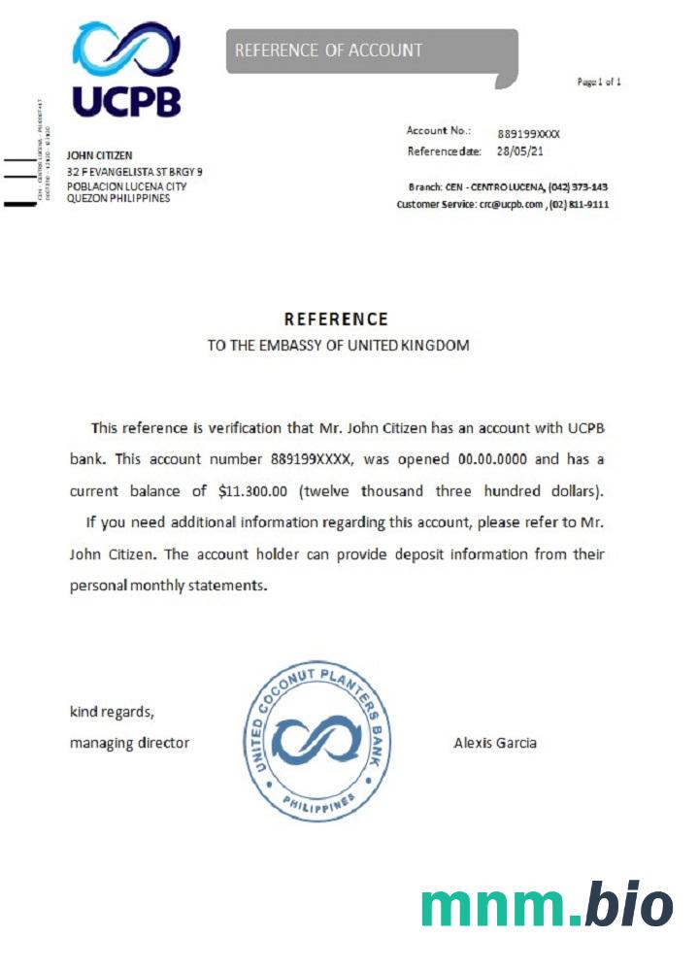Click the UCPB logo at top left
click(x=126, y=70)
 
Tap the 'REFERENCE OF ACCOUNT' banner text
click(x=328, y=50)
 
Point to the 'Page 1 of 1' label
click(x=599, y=83)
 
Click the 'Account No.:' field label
click(x=439, y=131)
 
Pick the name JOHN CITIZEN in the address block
click(x=99, y=155)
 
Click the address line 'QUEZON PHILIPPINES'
click(x=117, y=198)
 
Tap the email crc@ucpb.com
click(x=510, y=205)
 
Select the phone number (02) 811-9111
click(x=580, y=205)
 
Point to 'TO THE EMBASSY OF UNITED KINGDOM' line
click(x=338, y=345)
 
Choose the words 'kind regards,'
click(x=112, y=712)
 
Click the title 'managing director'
click(x=129, y=743)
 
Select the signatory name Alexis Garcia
click(x=495, y=743)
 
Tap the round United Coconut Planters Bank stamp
click(x=316, y=739)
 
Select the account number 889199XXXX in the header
click(x=529, y=133)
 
